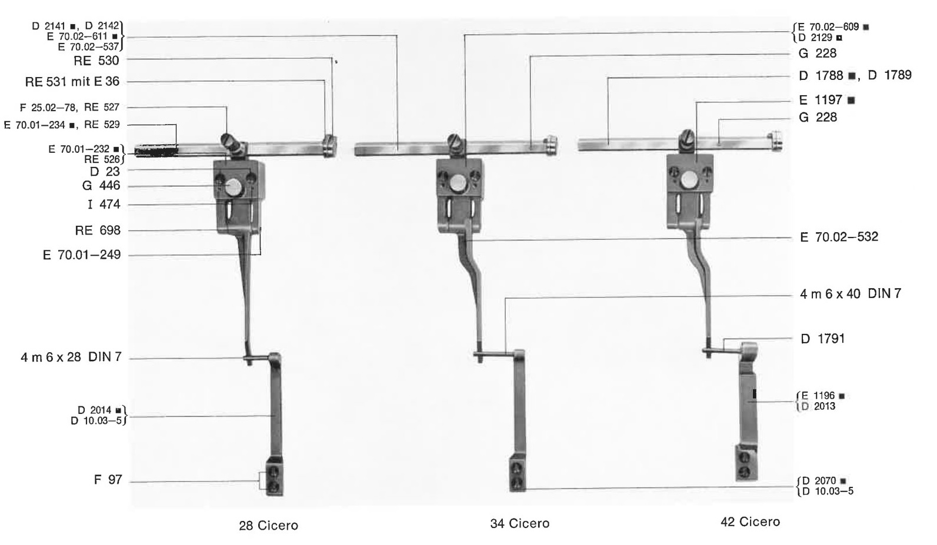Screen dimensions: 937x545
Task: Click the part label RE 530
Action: (x=96, y=61)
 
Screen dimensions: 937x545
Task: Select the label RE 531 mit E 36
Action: (x=72, y=82)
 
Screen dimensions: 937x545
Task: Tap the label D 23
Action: (x=105, y=172)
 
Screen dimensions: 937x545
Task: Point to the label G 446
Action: (x=101, y=186)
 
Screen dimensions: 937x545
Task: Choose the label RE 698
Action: (x=98, y=230)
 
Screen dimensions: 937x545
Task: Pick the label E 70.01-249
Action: (x=82, y=255)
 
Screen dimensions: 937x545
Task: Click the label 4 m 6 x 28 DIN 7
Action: (x=71, y=358)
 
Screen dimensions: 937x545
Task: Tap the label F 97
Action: (x=108, y=480)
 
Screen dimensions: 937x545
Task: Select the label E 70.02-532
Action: (x=839, y=238)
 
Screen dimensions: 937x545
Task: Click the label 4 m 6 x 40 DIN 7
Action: (x=851, y=294)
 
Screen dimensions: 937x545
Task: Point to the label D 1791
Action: (x=823, y=339)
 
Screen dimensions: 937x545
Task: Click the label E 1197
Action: (x=826, y=101)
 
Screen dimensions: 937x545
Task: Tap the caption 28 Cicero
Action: (x=269, y=526)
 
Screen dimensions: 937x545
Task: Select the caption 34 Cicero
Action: (x=520, y=524)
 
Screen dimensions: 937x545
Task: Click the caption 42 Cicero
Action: (x=751, y=522)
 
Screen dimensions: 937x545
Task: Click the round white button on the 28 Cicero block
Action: (x=233, y=187)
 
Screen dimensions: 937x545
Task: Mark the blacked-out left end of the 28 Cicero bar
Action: (x=156, y=151)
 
